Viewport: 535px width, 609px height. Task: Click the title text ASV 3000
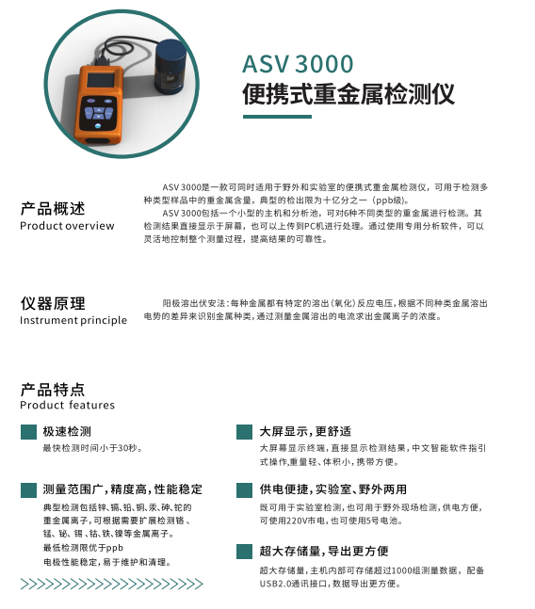298,64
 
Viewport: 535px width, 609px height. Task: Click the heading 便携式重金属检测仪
349,94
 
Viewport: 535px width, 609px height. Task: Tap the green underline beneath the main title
277,117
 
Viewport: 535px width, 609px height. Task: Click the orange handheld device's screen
100,80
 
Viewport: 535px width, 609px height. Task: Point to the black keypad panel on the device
98,113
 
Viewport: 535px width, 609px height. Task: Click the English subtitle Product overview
67,226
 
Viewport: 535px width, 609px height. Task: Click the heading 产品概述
53,209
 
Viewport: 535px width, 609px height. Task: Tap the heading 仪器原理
53,303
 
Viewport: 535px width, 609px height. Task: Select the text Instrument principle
73,320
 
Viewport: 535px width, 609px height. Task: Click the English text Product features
68,405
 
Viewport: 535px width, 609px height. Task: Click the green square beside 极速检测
28,432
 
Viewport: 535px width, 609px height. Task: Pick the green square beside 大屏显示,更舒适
244,432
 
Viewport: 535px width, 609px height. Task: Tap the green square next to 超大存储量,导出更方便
244,552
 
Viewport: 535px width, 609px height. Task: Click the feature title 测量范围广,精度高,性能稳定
122,489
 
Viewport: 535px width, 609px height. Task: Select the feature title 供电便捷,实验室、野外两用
333,489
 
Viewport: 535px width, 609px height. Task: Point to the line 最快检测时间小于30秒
92,448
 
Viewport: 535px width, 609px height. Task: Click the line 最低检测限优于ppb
83,548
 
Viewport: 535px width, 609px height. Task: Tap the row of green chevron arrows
111,584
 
